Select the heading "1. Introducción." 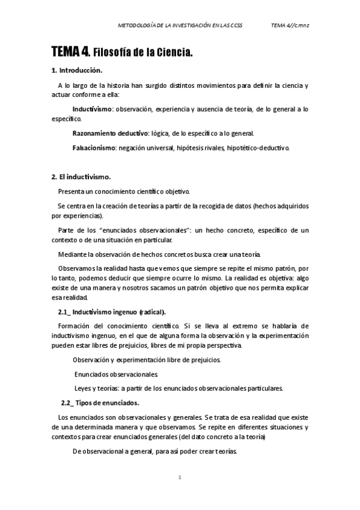77,71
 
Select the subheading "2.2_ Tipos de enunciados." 100,402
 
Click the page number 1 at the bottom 180,478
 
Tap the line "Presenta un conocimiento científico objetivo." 124,191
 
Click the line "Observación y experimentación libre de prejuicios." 147,360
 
